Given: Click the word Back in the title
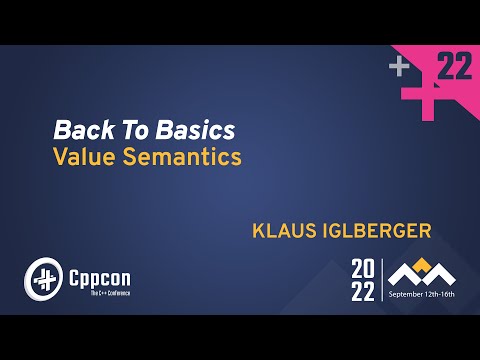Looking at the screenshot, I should [x=80, y=130].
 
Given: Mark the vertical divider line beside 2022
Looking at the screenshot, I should [x=383, y=279].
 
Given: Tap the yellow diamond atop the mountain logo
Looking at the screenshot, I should [x=424, y=262].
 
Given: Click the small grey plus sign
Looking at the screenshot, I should [x=400, y=67].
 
